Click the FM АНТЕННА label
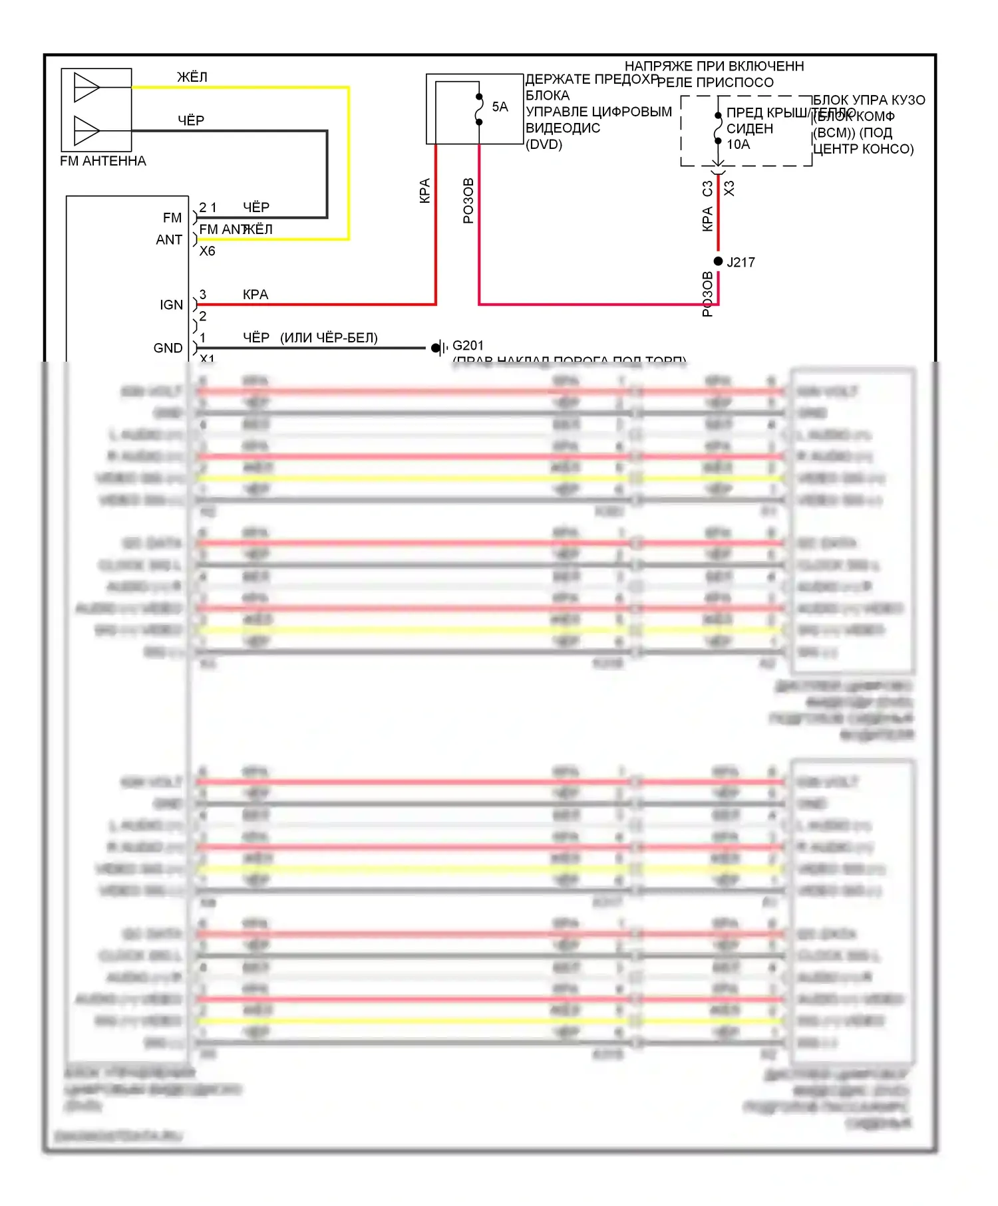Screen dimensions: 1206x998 pyautogui.click(x=103, y=161)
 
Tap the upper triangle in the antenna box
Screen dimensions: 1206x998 pyautogui.click(x=86, y=87)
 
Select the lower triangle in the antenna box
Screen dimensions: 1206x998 pyautogui.click(x=86, y=130)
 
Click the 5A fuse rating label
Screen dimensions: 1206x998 pyautogui.click(x=500, y=107)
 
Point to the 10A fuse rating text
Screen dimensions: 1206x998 pyautogui.click(x=738, y=144)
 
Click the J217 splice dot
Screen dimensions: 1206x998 pyautogui.click(x=718, y=261)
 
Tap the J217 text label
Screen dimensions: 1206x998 pyautogui.click(x=741, y=263)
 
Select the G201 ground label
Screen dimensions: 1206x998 pyautogui.click(x=468, y=346)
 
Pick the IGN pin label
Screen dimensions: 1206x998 pyautogui.click(x=171, y=304)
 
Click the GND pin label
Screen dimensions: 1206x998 pyautogui.click(x=168, y=348)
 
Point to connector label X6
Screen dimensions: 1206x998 pyautogui.click(x=208, y=251)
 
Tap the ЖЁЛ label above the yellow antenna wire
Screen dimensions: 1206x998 pyautogui.click(x=192, y=77)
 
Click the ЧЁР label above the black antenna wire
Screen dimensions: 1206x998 pyautogui.click(x=191, y=120)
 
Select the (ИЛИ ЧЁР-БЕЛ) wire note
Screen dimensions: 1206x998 pyautogui.click(x=329, y=338)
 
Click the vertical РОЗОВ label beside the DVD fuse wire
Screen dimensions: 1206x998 pyautogui.click(x=468, y=201)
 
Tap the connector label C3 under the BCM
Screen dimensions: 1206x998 pyautogui.click(x=708, y=189)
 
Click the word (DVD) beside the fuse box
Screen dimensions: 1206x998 pyautogui.click(x=544, y=144)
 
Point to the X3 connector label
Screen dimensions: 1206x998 pyautogui.click(x=729, y=189)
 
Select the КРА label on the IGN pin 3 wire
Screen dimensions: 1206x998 pyautogui.click(x=255, y=295)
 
